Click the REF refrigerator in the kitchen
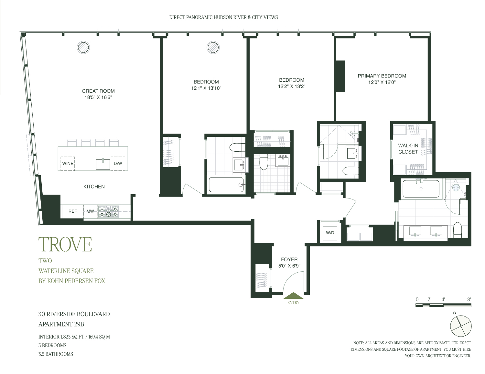[x=72, y=211]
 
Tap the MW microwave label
[x=90, y=211]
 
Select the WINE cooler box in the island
[x=68, y=164]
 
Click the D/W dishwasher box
[x=118, y=164]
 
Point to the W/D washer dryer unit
[x=330, y=233]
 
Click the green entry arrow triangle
[x=293, y=296]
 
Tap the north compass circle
[x=461, y=326]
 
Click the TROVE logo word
[x=65, y=245]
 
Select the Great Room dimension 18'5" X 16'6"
[x=98, y=97]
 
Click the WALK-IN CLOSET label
[x=408, y=149]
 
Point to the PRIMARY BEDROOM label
[x=382, y=76]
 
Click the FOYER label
[x=289, y=259]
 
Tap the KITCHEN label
[x=94, y=187]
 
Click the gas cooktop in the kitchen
[x=109, y=211]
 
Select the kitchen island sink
[x=103, y=164]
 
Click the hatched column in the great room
[x=83, y=47]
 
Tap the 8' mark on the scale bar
[x=469, y=299]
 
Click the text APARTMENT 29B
[x=61, y=324]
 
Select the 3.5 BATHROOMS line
[x=56, y=354]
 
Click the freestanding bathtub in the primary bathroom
[x=421, y=189]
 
